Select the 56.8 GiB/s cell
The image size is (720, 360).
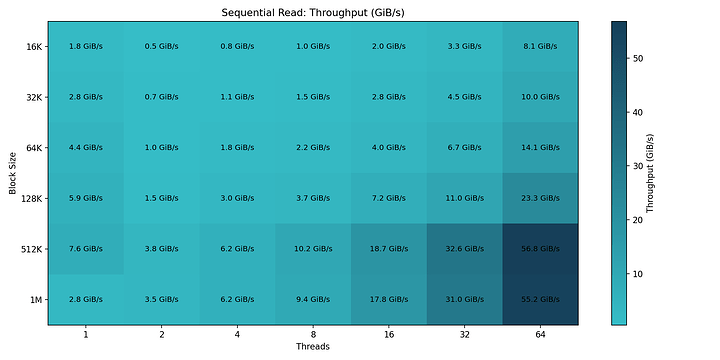point(542,249)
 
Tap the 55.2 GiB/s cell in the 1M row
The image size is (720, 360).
point(542,299)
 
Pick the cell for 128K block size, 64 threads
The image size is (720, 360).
point(542,198)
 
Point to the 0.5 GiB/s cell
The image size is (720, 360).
point(162,46)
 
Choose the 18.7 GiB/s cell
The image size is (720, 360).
point(390,249)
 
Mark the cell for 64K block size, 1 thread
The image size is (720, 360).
point(86,147)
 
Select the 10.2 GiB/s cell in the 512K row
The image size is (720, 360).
point(314,249)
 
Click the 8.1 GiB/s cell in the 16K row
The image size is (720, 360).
point(542,46)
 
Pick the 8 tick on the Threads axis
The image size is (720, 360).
point(314,336)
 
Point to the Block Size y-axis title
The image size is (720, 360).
point(12,173)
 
